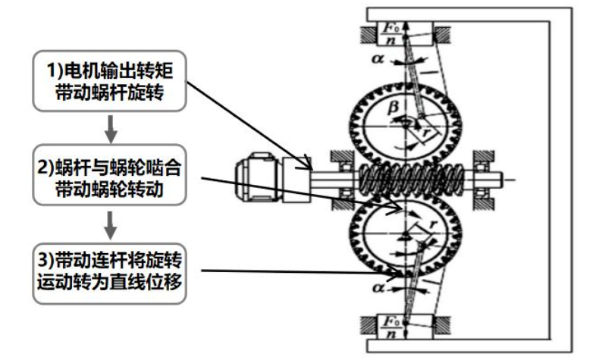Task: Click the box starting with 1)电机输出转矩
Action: click(109, 81)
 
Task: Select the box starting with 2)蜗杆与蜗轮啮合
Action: click(109, 174)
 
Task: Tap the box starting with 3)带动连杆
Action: click(109, 274)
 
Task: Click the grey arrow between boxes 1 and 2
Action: click(110, 128)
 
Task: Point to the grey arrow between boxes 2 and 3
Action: click(110, 225)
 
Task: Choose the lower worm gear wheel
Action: click(406, 233)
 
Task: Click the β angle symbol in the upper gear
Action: click(393, 108)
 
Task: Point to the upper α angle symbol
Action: click(378, 59)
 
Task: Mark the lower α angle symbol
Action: click(378, 287)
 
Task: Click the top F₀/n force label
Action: click(391, 34)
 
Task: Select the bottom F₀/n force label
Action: click(391, 327)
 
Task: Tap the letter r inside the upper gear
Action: click(425, 132)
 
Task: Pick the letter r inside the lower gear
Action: click(433, 225)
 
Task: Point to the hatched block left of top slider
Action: click(368, 35)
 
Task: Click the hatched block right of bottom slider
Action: click(441, 325)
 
